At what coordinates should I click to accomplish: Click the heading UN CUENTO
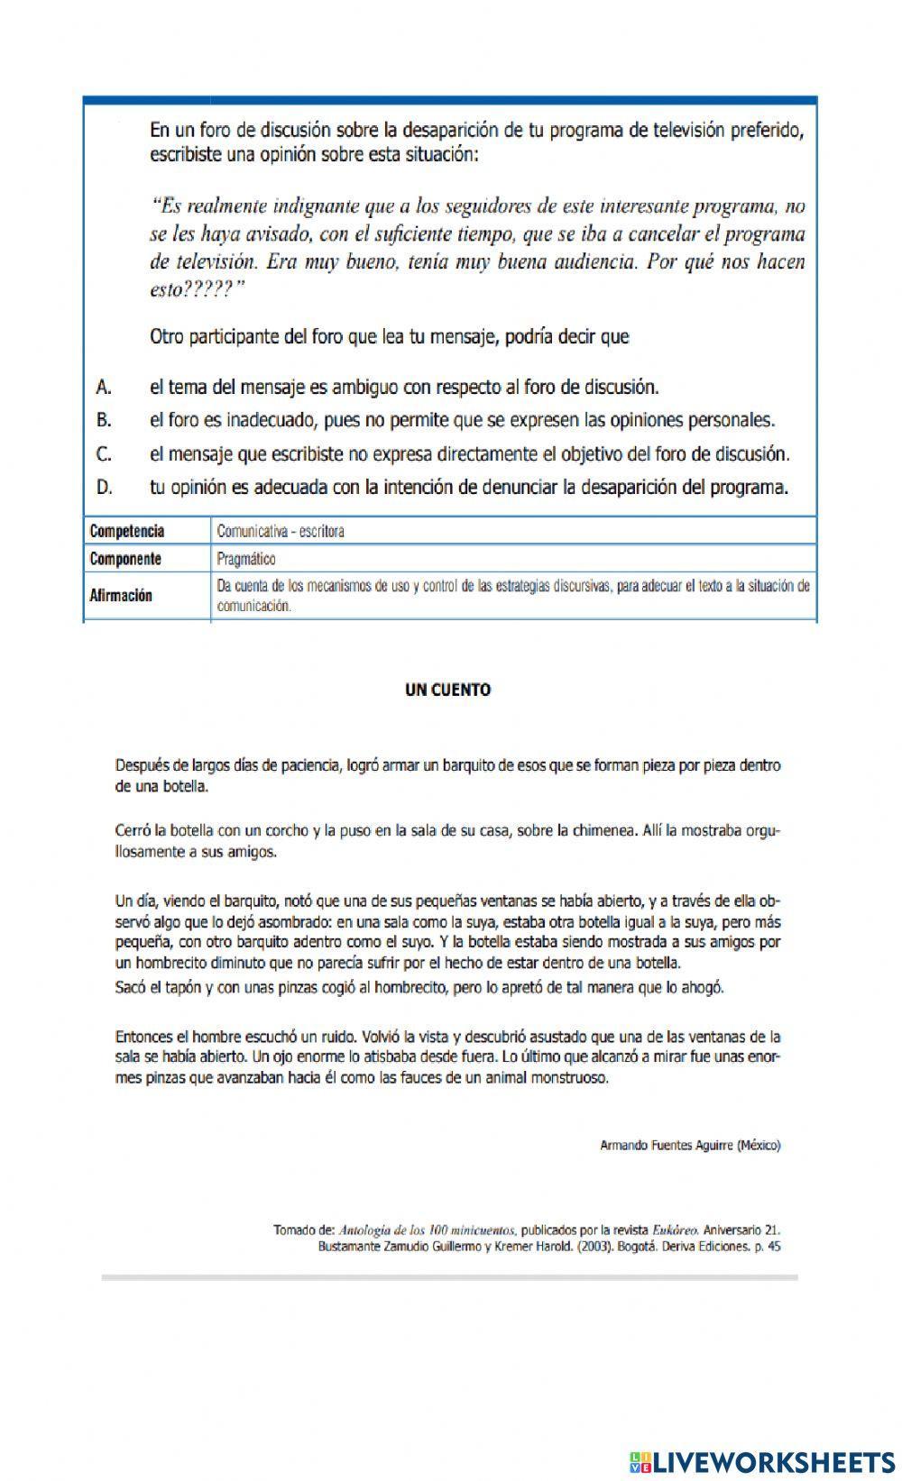click(447, 690)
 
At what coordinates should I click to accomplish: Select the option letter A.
click(104, 388)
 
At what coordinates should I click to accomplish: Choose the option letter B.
click(104, 420)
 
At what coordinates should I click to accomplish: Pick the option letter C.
click(104, 453)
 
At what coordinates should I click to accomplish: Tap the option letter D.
click(105, 488)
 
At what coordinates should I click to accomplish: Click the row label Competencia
click(127, 531)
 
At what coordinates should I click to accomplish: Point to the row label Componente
click(125, 559)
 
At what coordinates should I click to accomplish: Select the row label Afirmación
click(121, 596)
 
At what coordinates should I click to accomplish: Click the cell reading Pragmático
click(246, 559)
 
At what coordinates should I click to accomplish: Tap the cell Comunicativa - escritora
click(281, 531)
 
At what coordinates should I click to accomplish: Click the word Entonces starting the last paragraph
click(144, 1037)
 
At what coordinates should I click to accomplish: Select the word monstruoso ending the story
click(570, 1077)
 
